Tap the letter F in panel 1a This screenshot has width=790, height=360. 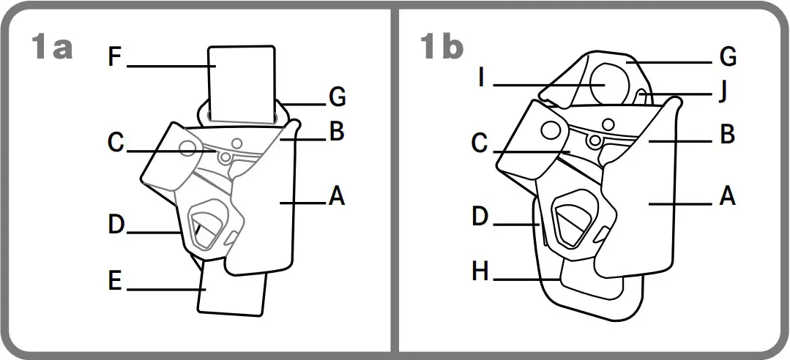[x=114, y=57]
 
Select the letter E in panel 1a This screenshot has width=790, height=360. [x=114, y=282]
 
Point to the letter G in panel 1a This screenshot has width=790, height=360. [x=337, y=97]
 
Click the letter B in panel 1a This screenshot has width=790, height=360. [x=337, y=132]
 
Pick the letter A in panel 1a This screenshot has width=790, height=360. [x=337, y=196]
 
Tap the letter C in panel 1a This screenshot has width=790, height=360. [x=115, y=143]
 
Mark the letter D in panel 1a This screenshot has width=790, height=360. [x=116, y=225]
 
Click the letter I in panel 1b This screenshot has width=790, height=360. [x=481, y=78]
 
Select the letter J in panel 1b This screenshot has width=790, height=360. [x=723, y=92]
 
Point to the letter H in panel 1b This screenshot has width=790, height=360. [x=480, y=272]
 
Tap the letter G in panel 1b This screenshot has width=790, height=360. [x=727, y=56]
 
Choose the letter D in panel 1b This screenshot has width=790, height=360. [x=480, y=217]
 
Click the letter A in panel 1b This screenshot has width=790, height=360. [x=727, y=196]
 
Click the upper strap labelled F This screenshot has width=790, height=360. [x=241, y=80]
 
